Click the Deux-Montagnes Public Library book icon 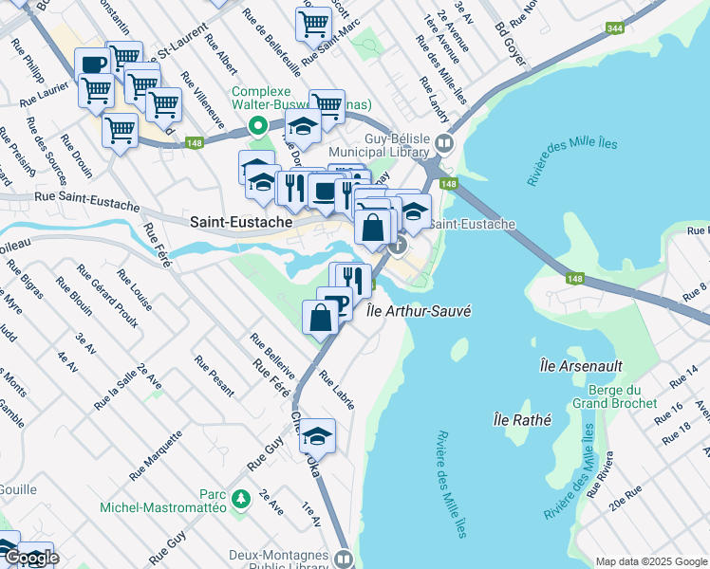tap(343, 559)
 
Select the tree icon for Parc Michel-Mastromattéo tap(241, 496)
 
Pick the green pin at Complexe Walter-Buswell tap(255, 125)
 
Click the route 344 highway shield tap(615, 30)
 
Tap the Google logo tap(30, 558)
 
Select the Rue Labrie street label tap(337, 389)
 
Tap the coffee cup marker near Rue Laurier tap(93, 64)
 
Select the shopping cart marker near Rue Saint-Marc tap(313, 24)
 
